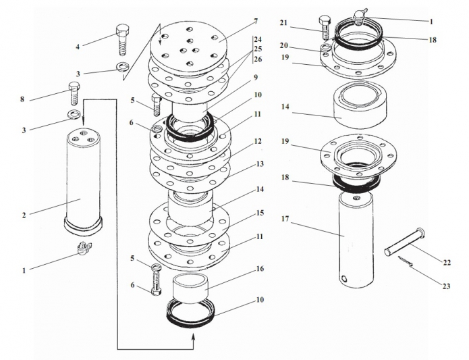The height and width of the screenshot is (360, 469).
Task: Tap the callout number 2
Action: (x=24, y=215)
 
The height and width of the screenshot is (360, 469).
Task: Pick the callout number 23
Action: (x=446, y=286)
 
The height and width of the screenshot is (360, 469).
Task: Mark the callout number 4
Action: (x=78, y=47)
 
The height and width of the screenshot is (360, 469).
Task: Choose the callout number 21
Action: (x=283, y=24)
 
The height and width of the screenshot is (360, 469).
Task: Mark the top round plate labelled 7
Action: (x=190, y=47)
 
